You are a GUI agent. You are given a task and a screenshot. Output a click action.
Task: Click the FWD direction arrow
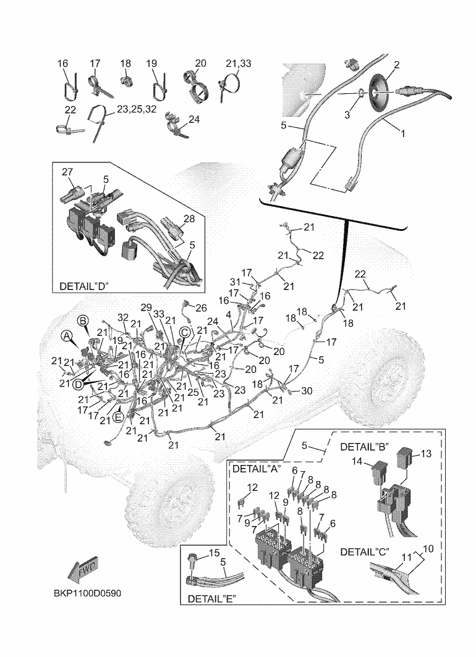tap(83, 571)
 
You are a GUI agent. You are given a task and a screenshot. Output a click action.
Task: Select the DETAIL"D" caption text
tap(84, 287)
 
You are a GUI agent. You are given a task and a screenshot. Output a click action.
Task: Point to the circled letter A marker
tap(66, 335)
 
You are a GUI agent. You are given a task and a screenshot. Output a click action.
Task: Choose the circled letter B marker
tap(83, 320)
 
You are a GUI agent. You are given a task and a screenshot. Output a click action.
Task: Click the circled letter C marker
tap(184, 332)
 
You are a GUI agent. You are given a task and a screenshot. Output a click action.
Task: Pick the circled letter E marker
tap(118, 416)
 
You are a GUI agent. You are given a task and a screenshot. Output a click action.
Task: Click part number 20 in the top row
tap(200, 64)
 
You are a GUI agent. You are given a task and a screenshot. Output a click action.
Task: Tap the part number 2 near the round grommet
tap(396, 65)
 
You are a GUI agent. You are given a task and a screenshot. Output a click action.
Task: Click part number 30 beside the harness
tap(307, 391)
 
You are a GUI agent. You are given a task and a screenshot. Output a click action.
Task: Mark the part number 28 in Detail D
tap(189, 220)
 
